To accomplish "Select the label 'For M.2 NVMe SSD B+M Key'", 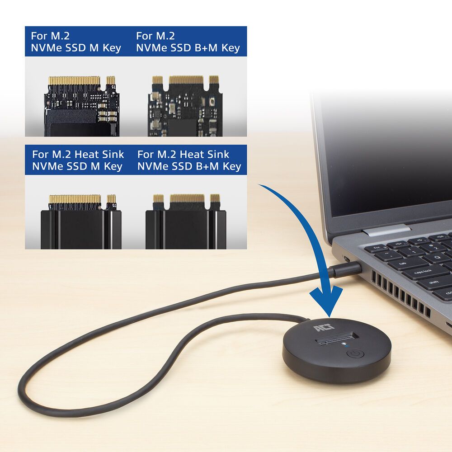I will click(x=188, y=42).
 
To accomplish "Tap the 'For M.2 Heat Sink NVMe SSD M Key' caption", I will click(x=77, y=160).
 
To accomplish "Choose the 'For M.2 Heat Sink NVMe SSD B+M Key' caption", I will click(x=189, y=160).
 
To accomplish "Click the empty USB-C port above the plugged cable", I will click(x=347, y=259).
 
